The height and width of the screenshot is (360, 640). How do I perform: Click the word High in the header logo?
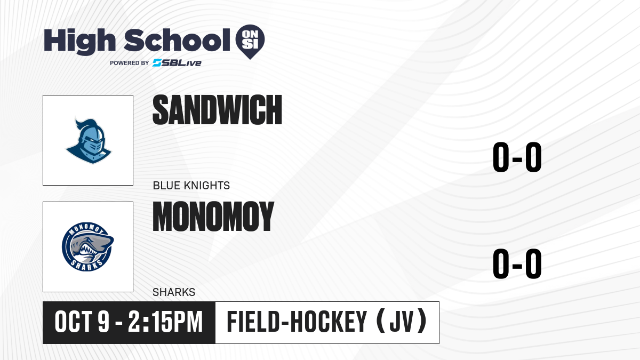79,41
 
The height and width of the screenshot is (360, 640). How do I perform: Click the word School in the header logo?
177,40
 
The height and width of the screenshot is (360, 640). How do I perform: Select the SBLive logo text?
177,63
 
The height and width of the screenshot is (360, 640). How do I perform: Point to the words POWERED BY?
130,63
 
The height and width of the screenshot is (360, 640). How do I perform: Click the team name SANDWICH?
218,110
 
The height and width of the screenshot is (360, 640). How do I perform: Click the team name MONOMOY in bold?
213,217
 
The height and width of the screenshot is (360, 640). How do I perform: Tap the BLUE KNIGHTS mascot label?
191,186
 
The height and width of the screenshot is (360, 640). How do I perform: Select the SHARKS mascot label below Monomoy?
174,292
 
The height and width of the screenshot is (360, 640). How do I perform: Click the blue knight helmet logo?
89,140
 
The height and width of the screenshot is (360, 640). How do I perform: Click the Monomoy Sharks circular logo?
87,247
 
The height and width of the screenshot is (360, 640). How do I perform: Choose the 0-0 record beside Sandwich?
517,157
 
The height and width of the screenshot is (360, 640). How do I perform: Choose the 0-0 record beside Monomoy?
517,263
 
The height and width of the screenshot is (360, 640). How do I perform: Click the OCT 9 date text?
82,322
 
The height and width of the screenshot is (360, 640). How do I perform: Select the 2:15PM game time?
165,322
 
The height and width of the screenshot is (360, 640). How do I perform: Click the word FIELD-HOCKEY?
297,322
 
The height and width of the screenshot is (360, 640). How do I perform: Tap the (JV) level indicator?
402,322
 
